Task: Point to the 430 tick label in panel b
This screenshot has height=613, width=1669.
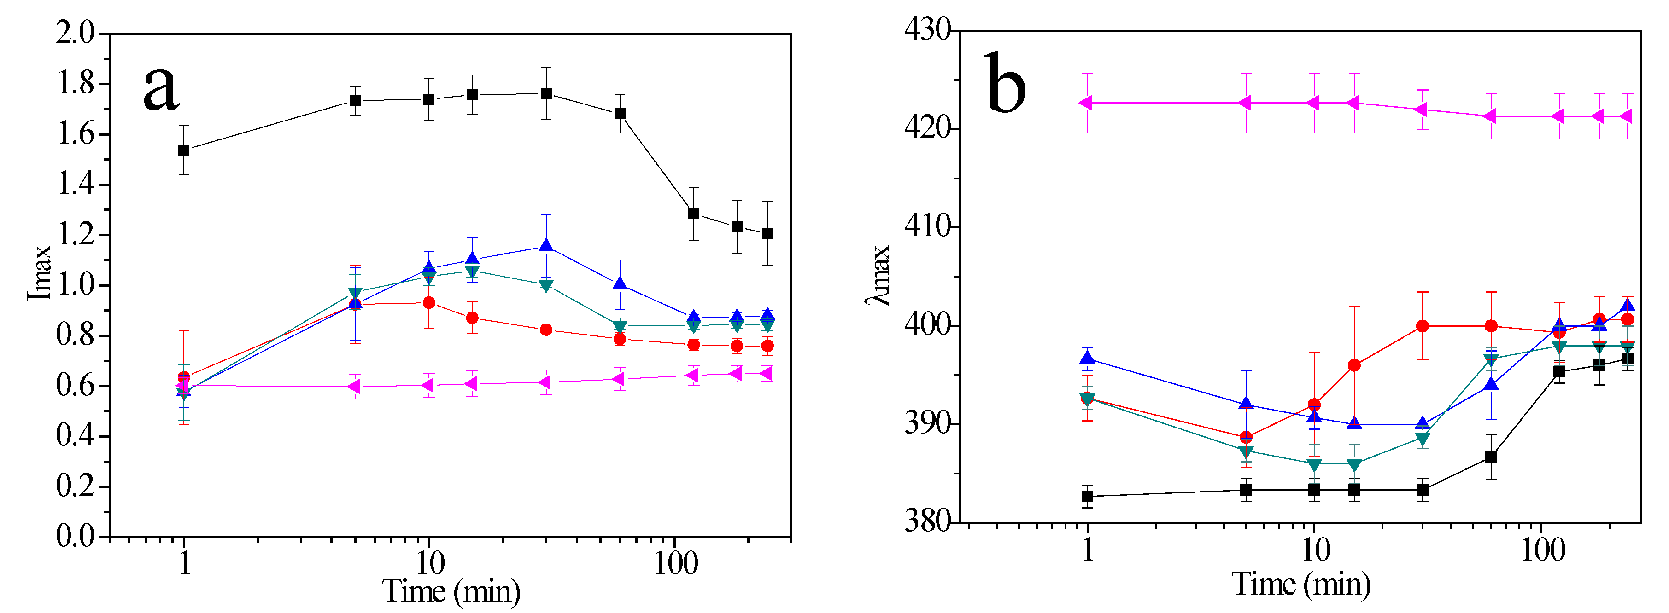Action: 928,30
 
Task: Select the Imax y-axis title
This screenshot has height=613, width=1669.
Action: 39,272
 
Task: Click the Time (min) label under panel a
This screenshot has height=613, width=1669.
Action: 451,590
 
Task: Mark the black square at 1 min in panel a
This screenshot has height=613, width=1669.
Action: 184,150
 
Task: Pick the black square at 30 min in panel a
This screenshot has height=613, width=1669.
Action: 546,94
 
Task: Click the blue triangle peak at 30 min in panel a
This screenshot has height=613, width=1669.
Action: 546,246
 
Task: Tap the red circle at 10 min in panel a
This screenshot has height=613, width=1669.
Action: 429,303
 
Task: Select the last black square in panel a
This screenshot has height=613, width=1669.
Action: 767,234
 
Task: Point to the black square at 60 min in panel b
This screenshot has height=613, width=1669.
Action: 1491,457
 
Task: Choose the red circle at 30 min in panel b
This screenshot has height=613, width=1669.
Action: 1422,326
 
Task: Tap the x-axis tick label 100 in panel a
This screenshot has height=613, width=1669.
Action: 676,564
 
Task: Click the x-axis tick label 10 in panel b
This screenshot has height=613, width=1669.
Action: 1315,550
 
